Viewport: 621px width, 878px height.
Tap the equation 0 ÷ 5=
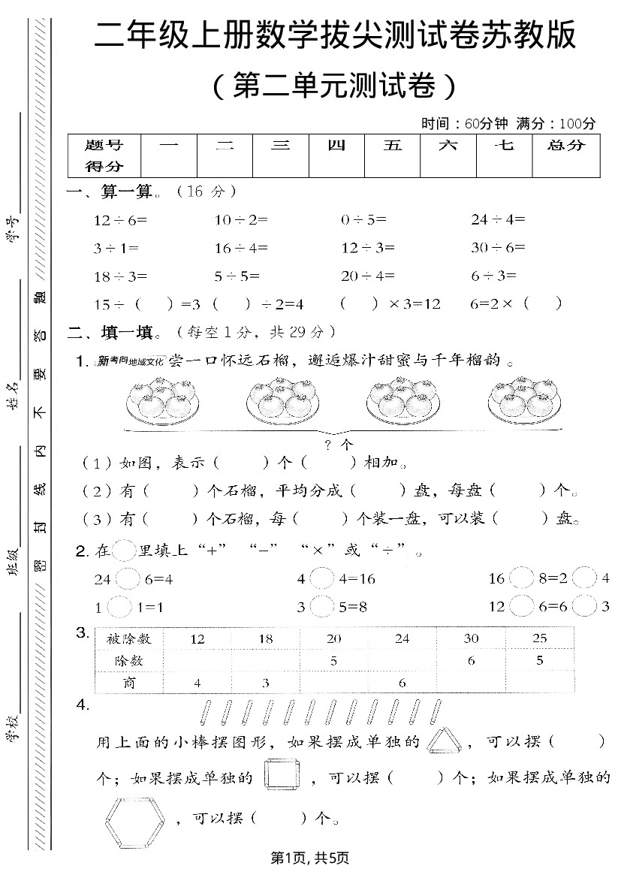pyautogui.click(x=363, y=220)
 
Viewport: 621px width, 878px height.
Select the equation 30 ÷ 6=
pyautogui.click(x=498, y=248)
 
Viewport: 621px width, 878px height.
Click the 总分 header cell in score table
pyautogui.click(x=566, y=146)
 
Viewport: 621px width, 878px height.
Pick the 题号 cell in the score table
pyautogui.click(x=104, y=146)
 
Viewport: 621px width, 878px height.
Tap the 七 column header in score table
pyautogui.click(x=505, y=146)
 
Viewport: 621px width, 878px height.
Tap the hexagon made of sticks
pyautogui.click(x=135, y=816)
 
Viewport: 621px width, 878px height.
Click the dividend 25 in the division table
pyautogui.click(x=539, y=638)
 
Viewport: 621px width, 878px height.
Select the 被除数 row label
pyautogui.click(x=129, y=638)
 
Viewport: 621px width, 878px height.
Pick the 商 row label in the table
pyautogui.click(x=129, y=683)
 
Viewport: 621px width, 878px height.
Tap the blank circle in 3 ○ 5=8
pyautogui.click(x=321, y=606)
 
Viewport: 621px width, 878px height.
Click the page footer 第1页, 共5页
pyautogui.click(x=311, y=857)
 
